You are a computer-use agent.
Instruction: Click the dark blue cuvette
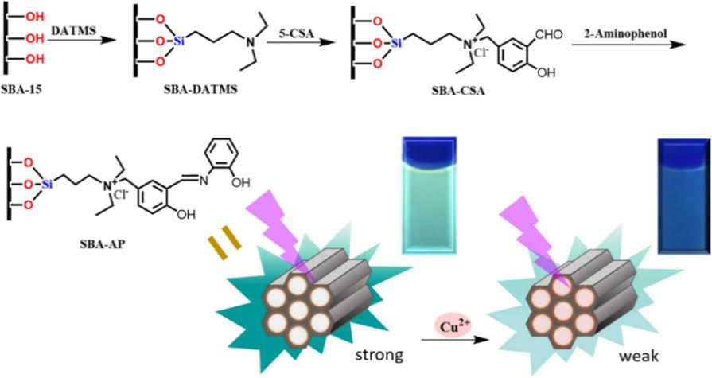tap(682, 193)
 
